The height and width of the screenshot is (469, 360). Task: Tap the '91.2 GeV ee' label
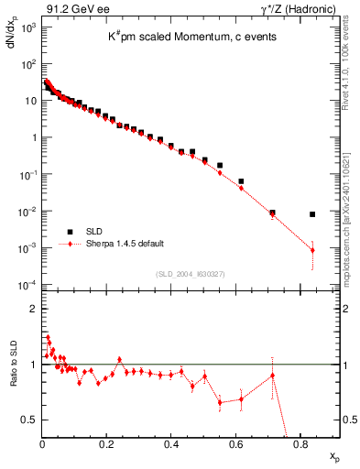pos(68,8)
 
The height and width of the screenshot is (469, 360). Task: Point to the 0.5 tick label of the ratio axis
pos(29,420)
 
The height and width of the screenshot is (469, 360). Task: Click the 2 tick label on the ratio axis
pos(33,309)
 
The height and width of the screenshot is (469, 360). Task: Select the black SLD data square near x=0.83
pos(312,214)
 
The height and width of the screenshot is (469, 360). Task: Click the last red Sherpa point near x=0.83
pos(312,250)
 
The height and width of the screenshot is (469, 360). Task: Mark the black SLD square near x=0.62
pos(241,181)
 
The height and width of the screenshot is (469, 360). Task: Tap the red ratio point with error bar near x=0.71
pos(272,376)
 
